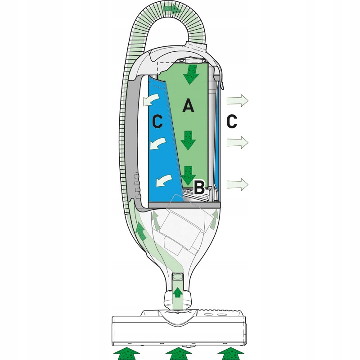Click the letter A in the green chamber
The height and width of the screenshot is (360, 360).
[189, 106]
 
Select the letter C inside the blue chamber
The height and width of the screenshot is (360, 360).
[157, 121]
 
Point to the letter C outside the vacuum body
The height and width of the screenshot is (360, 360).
[231, 121]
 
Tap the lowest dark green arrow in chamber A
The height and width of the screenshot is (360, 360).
[189, 174]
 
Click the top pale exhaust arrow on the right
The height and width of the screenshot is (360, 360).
[237, 100]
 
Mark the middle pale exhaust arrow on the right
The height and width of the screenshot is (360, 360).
[237, 143]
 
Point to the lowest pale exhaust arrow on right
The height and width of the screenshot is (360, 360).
[237, 184]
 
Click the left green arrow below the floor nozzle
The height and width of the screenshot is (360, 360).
[129, 353]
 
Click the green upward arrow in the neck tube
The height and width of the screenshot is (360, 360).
[178, 292]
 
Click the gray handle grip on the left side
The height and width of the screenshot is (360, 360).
[130, 144]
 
